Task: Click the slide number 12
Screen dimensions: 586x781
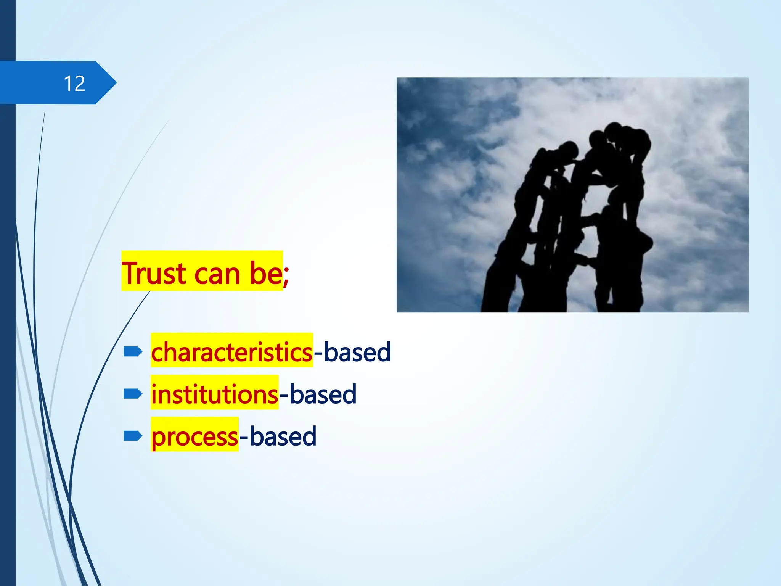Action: tap(74, 83)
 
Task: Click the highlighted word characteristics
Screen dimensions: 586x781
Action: tap(231, 352)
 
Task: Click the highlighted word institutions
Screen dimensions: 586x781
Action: tap(214, 394)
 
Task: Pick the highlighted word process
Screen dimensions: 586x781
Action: tap(194, 436)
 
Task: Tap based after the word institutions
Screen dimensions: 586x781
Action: tap(323, 394)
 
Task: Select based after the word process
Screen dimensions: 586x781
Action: tap(283, 436)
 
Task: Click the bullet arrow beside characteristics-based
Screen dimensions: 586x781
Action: tap(133, 351)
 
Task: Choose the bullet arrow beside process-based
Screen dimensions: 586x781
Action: tap(133, 436)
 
